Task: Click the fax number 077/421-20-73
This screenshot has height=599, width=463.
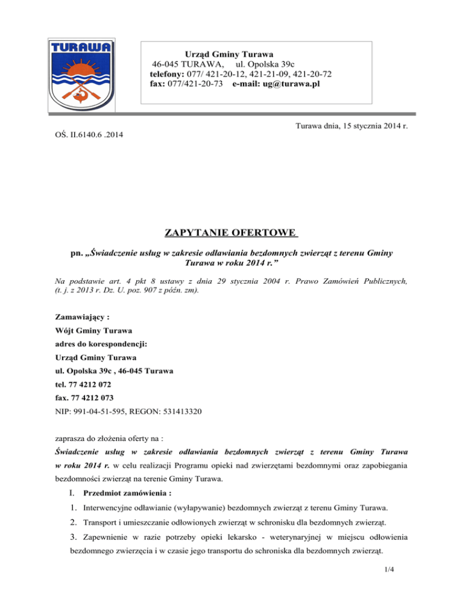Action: click(196, 84)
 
